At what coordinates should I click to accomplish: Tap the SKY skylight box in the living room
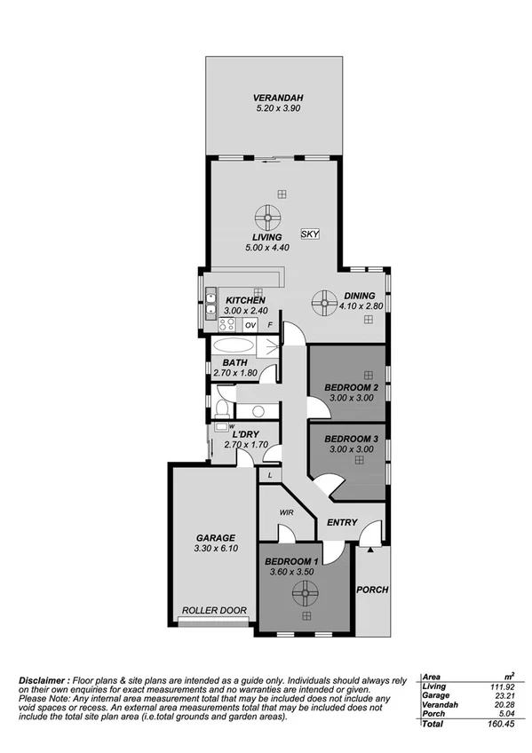309,234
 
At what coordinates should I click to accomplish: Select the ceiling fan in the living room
267,217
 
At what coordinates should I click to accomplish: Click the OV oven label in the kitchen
250,326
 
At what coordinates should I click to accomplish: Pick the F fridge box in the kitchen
271,326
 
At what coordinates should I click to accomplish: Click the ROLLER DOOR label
214,610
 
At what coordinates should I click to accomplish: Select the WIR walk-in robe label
287,512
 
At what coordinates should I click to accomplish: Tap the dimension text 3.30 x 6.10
216,550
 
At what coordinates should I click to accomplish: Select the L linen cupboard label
269,476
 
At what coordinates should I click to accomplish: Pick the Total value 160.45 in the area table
507,724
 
